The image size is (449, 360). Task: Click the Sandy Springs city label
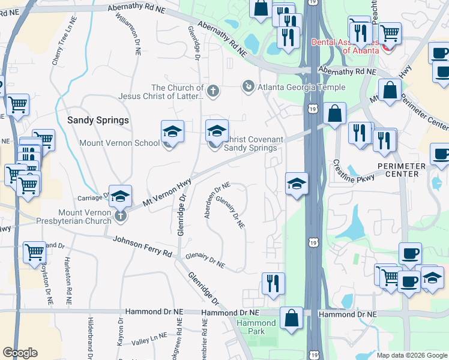click(x=98, y=120)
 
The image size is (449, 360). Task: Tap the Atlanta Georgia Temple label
click(x=301, y=87)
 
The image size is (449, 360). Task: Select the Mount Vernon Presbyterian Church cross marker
click(x=121, y=215)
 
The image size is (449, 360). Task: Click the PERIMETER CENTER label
click(x=402, y=170)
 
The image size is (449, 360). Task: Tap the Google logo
click(x=20, y=353)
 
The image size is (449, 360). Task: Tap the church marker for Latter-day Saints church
click(x=213, y=91)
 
